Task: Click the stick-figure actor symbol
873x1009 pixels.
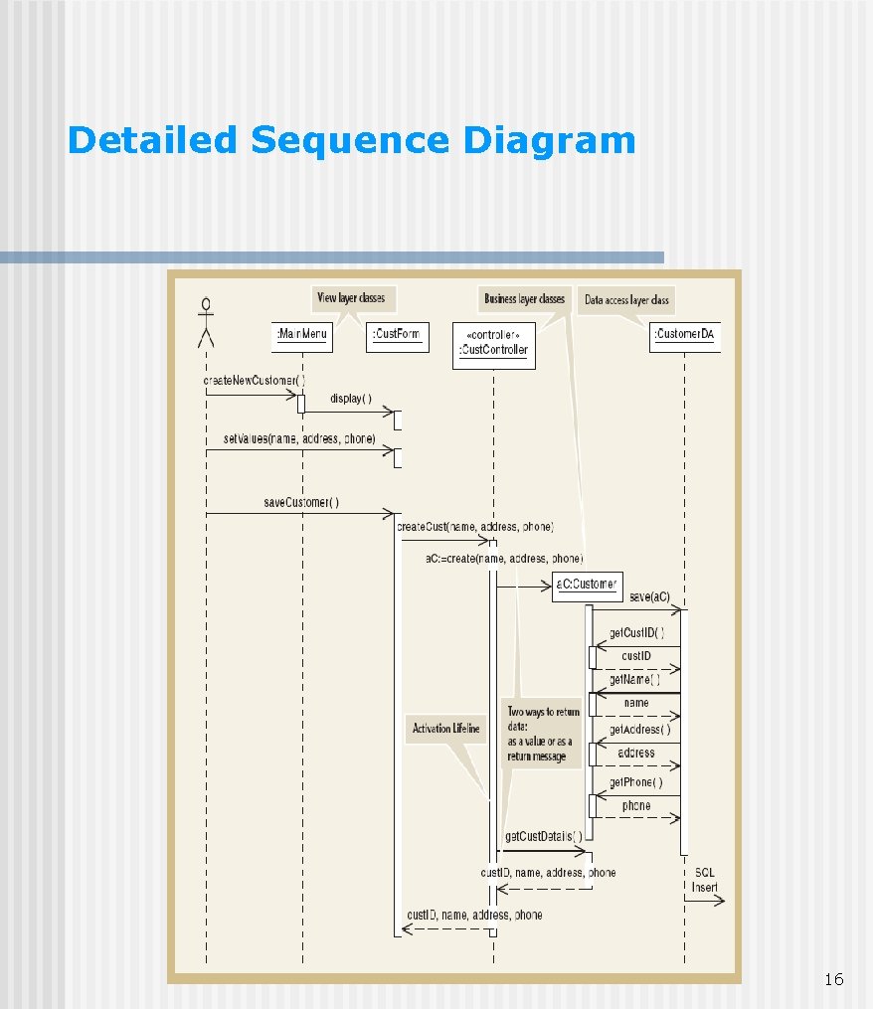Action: (206, 322)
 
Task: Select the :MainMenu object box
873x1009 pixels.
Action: (302, 335)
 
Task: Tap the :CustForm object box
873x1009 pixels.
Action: (397, 335)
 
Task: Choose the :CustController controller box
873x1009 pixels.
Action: (493, 344)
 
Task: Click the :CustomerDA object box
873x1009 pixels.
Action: (684, 335)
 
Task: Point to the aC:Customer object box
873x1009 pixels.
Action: (586, 584)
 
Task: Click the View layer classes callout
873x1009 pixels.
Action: (351, 297)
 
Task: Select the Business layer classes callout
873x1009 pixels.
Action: (524, 298)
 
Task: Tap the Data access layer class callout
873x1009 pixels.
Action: (626, 299)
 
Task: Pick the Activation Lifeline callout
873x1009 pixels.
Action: (446, 729)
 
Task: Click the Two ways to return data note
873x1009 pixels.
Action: (542, 734)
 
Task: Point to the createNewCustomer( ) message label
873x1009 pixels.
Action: (254, 381)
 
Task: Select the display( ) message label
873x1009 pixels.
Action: (351, 399)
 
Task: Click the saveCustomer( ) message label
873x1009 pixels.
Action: (301, 502)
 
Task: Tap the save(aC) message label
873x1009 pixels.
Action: (650, 596)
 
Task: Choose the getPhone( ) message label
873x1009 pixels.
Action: (636, 781)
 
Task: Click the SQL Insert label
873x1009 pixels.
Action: (705, 880)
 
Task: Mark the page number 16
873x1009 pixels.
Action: (834, 980)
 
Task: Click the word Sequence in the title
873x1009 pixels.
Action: (350, 140)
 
